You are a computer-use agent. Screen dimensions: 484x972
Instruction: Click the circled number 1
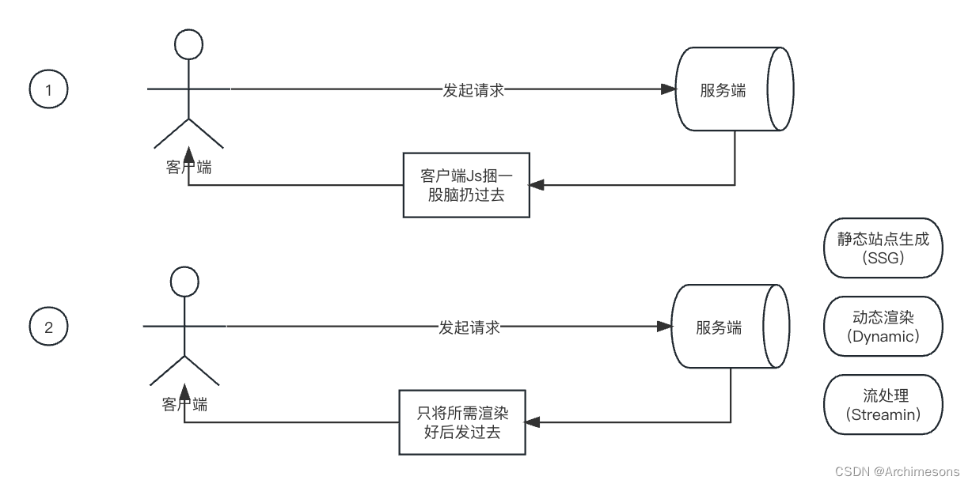[49, 90]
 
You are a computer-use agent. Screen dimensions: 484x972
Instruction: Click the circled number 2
[49, 327]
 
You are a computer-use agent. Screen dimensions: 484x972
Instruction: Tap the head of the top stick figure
[188, 44]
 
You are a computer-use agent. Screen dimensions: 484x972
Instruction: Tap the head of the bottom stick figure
[184, 281]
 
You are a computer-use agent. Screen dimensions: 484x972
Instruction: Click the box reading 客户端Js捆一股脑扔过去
[465, 185]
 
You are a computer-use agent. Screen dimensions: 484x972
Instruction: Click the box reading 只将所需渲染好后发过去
[461, 422]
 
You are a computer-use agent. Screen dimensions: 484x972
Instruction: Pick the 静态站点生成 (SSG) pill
[883, 248]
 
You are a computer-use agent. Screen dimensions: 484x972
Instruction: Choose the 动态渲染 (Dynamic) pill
[883, 326]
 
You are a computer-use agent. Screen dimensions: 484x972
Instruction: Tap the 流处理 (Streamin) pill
[883, 405]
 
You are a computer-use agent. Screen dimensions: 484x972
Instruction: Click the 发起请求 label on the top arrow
[473, 90]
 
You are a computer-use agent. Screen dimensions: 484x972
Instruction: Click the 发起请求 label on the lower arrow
[469, 327]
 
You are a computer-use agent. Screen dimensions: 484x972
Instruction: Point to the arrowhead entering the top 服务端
[669, 90]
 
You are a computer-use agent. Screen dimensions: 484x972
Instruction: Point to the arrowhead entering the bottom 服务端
[665, 327]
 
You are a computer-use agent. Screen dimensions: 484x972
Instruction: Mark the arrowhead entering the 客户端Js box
[536, 185]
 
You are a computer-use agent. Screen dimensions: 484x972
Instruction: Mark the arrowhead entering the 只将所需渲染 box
[532, 422]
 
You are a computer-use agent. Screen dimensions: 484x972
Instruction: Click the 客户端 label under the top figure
[188, 167]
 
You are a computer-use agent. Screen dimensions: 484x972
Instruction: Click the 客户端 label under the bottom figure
[184, 404]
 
